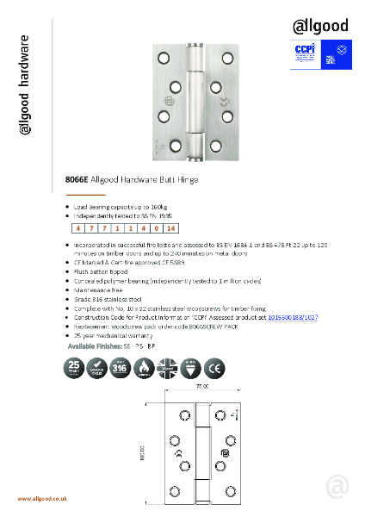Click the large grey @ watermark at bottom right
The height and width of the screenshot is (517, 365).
[337, 487]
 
